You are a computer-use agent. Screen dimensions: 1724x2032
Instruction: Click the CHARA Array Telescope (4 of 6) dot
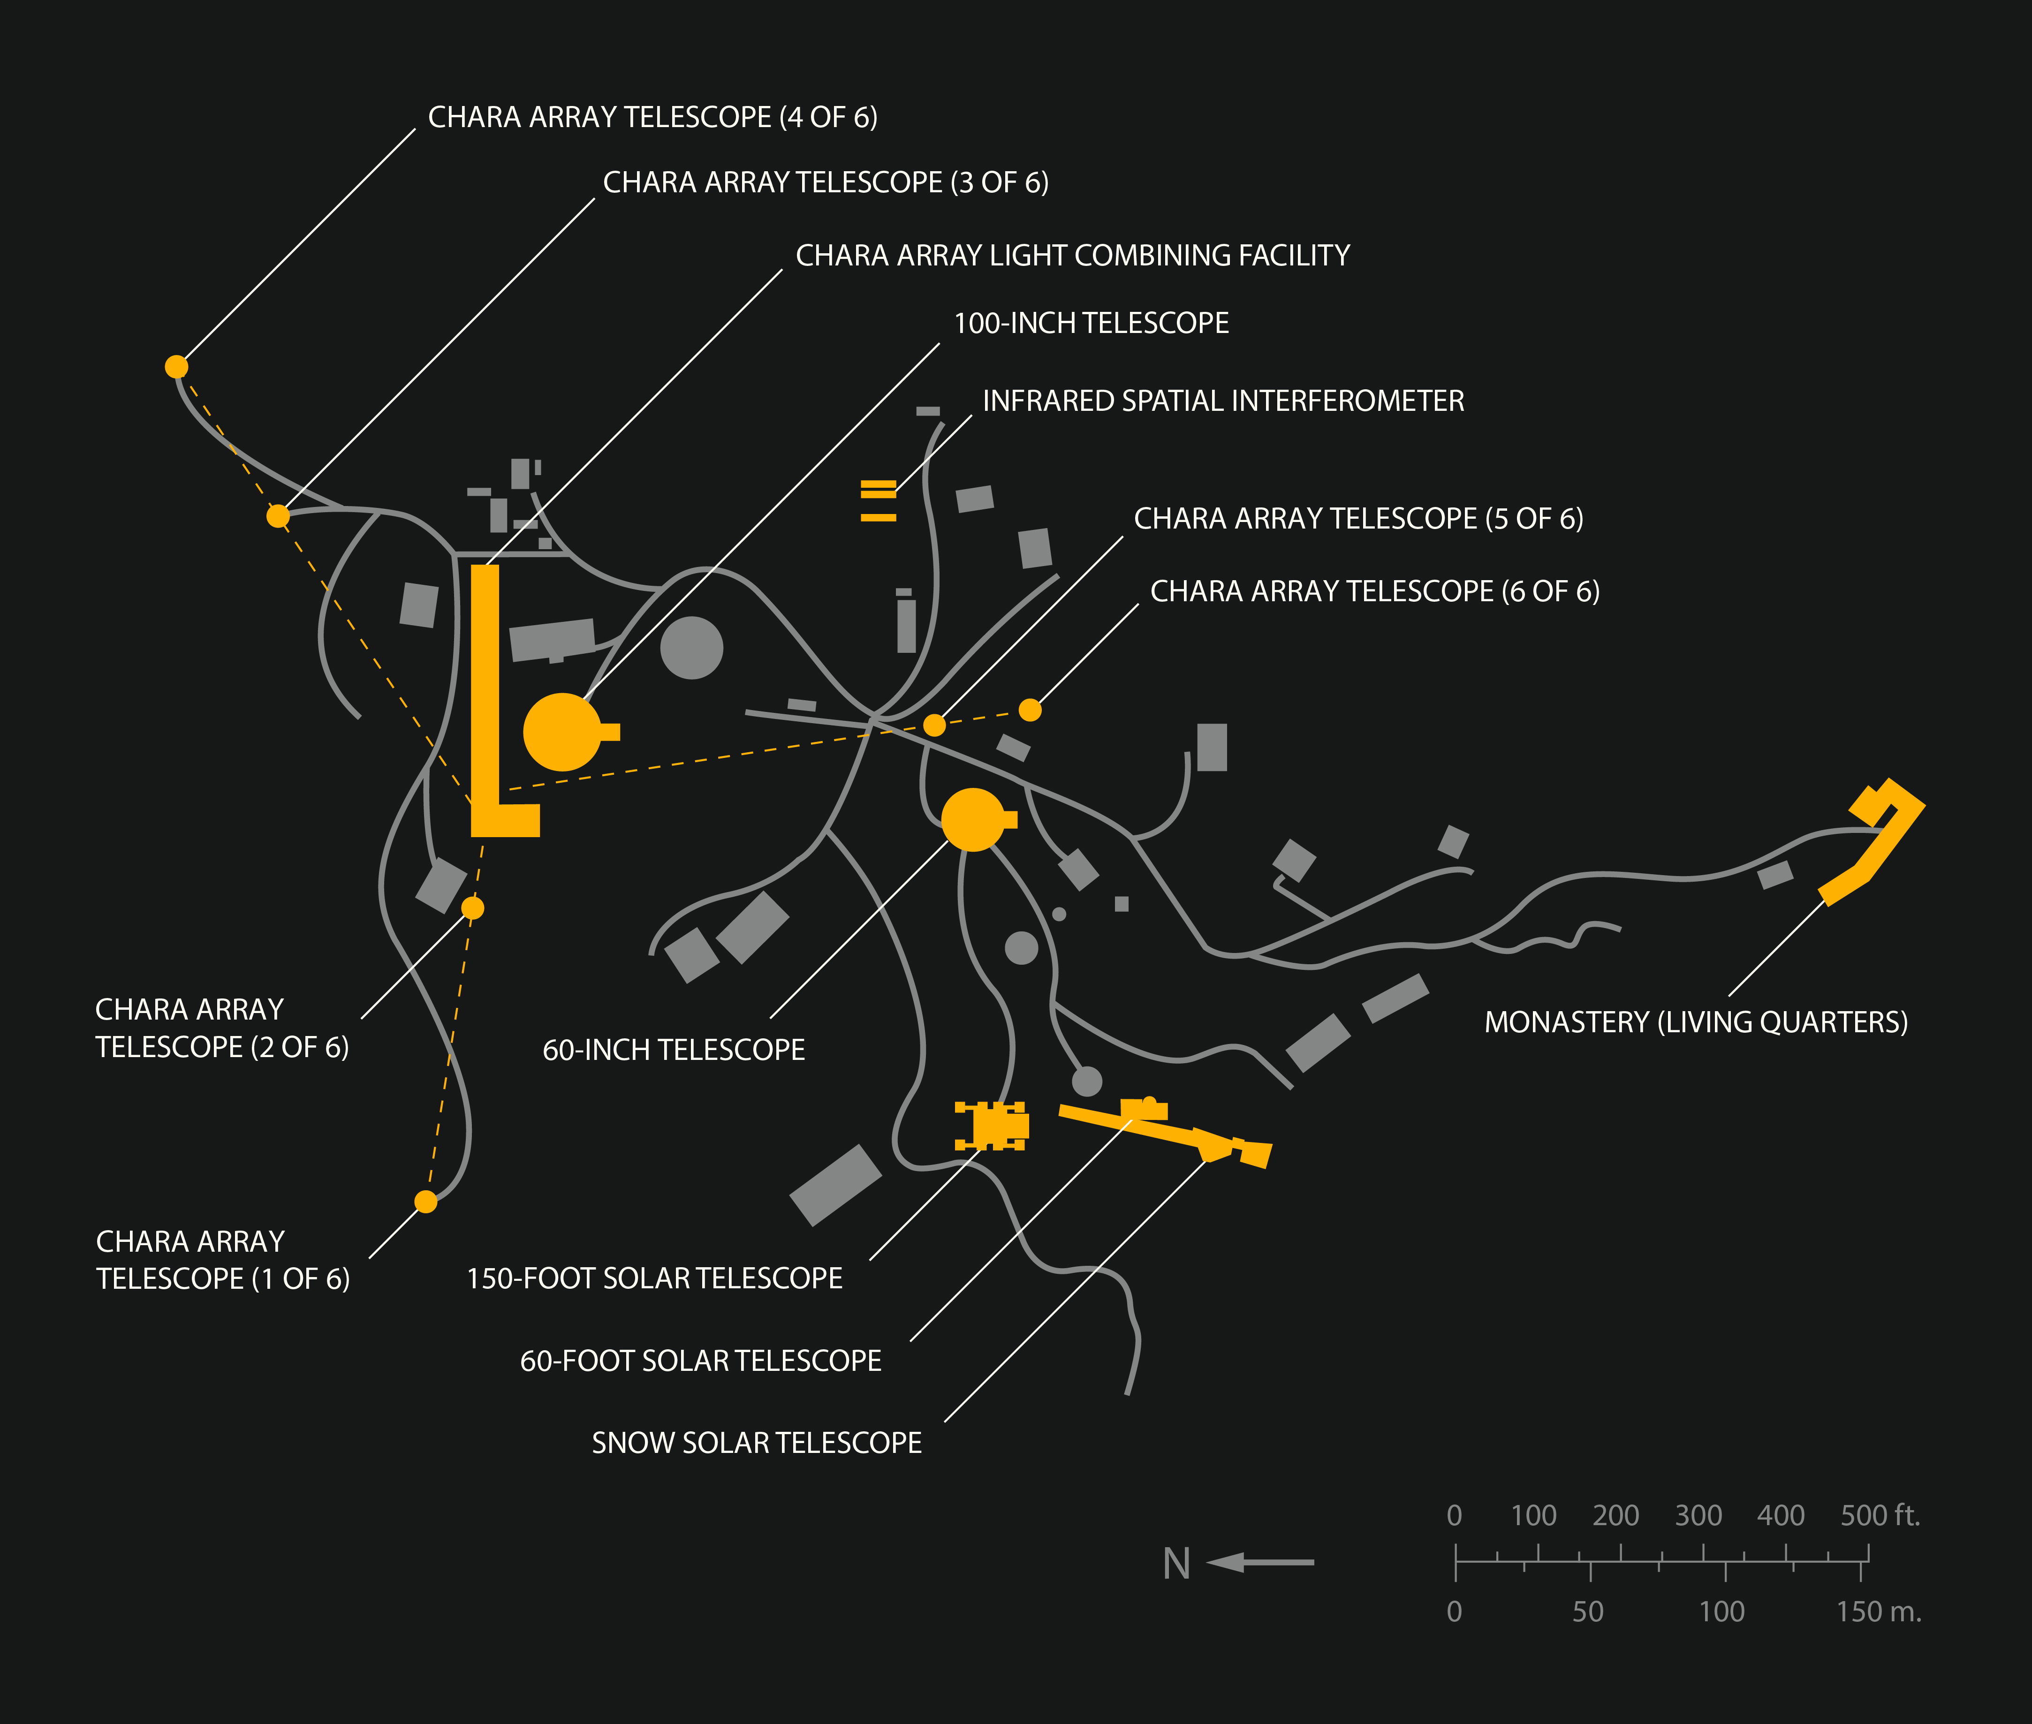(176, 366)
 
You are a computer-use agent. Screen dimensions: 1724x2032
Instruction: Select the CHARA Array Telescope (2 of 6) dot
(472, 908)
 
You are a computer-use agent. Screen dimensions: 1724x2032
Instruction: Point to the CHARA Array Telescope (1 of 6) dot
(426, 1201)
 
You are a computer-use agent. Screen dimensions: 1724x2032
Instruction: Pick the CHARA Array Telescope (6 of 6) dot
(1030, 710)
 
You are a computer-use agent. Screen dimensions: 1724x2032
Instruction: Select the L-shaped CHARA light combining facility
(486, 703)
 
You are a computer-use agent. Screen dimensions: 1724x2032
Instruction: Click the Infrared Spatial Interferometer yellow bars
(878, 500)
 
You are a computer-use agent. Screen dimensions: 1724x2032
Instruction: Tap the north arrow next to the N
(1261, 1563)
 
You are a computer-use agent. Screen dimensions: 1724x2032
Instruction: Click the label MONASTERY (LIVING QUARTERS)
(1696, 1022)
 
